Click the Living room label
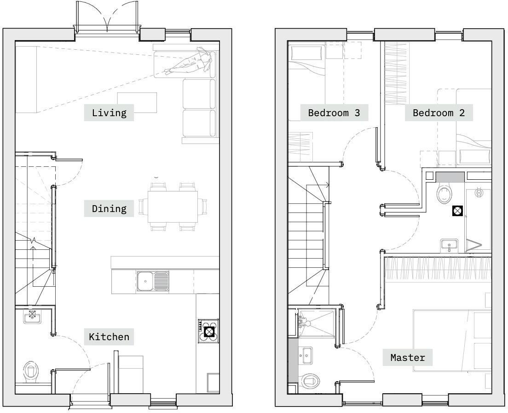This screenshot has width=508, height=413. [x=109, y=112]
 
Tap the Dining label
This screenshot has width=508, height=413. [x=109, y=208]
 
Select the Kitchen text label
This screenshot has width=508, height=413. [x=109, y=336]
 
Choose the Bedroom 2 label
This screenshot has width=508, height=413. [x=439, y=112]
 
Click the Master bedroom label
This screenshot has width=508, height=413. [x=408, y=357]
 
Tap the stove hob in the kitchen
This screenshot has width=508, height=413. [x=209, y=331]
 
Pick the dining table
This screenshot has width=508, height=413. [x=173, y=207]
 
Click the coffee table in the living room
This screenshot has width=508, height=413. [x=137, y=102]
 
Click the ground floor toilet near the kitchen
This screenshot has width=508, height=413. [x=31, y=372]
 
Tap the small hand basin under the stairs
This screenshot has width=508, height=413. [x=32, y=316]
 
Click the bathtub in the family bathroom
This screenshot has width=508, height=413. [x=478, y=219]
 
